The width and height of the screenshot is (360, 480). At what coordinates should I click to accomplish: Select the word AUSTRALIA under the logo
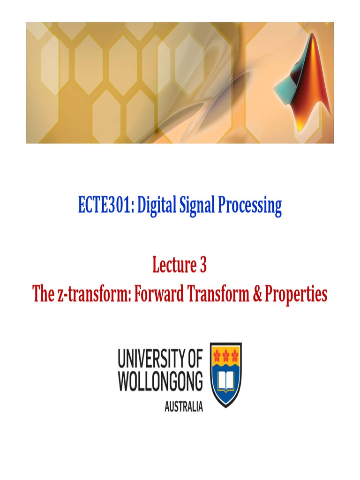point(184,406)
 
